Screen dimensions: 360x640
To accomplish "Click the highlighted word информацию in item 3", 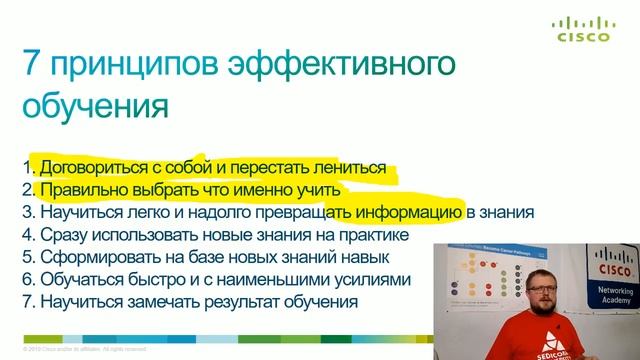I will click(x=410, y=212).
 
